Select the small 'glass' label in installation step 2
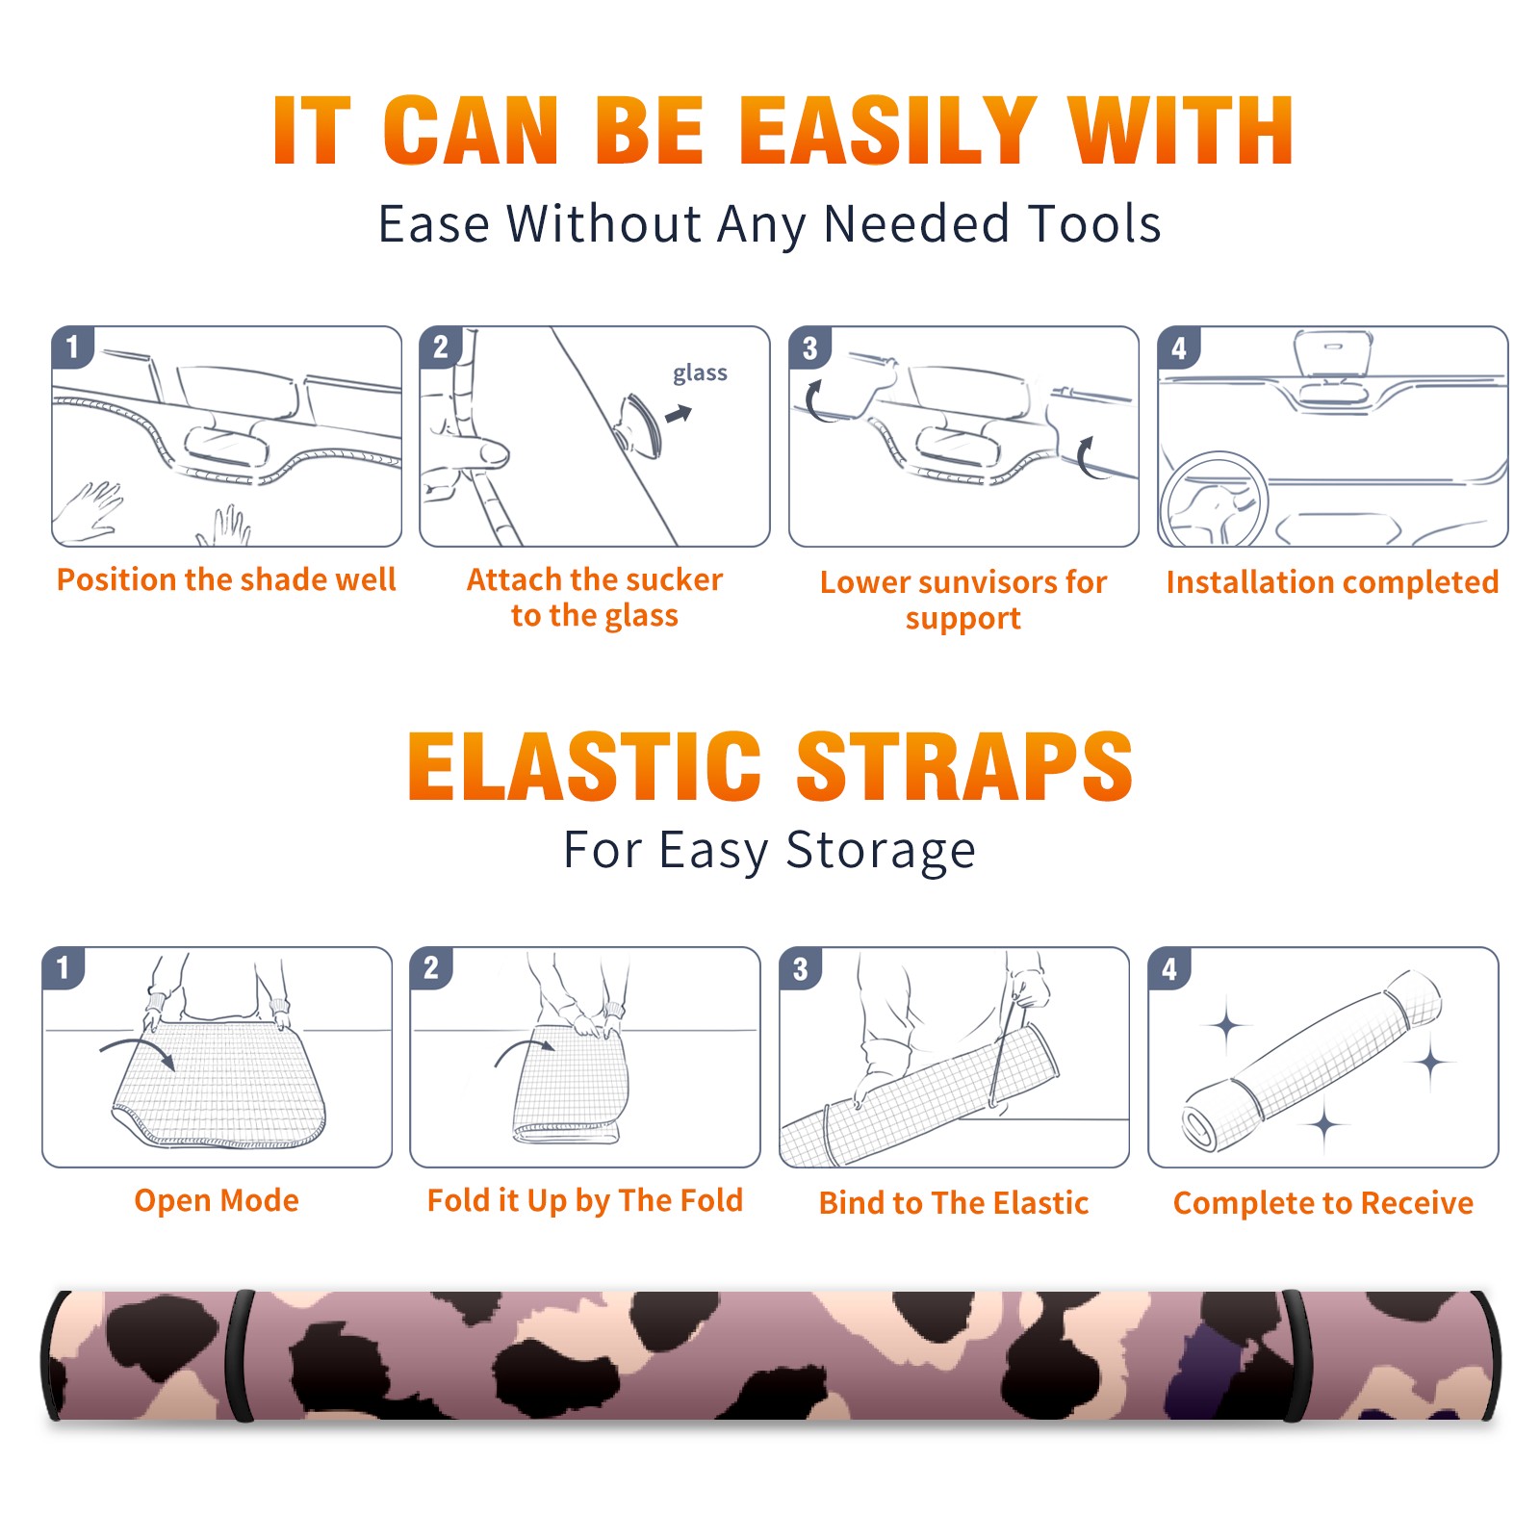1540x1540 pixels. (700, 373)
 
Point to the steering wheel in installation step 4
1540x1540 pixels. (1213, 500)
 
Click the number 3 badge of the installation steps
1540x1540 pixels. (809, 347)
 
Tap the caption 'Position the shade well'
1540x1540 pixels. (226, 579)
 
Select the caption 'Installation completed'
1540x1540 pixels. (1332, 581)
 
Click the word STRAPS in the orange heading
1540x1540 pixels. (964, 766)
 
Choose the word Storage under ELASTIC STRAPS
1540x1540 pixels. (881, 851)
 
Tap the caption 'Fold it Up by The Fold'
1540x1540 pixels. (585, 1201)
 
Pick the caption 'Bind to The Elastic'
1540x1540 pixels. (954, 1203)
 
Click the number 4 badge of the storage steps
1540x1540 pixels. (1169, 968)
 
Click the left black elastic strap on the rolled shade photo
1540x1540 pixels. (239, 1356)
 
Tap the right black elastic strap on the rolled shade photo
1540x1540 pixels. (1297, 1356)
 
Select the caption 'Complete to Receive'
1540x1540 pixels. (1323, 1203)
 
